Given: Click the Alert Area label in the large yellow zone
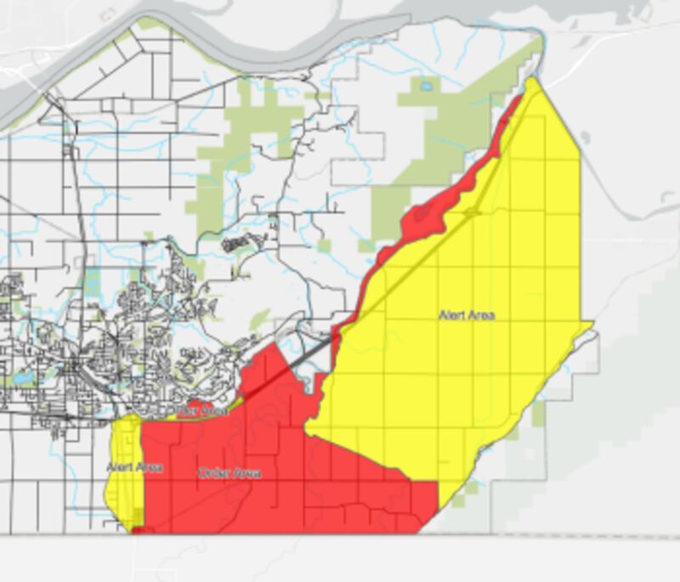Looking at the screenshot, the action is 467,315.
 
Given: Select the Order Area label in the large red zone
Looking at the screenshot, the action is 229,472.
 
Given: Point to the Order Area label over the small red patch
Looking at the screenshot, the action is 197,410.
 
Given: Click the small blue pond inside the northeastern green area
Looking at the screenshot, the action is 425,86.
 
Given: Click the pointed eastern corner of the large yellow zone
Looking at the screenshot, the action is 592,323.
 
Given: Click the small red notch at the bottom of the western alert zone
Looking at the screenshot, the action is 138,529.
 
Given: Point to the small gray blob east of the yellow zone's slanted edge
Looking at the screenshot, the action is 585,136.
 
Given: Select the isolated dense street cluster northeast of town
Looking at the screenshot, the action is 239,244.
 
